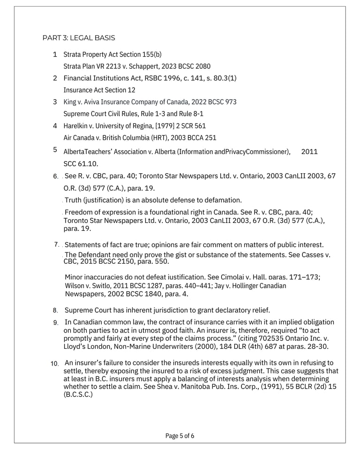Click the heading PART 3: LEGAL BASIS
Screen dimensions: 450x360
coord(79,37)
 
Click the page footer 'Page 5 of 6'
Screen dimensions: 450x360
coord(180,436)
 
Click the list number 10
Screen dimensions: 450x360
coord(55,364)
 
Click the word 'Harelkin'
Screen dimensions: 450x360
coord(77,125)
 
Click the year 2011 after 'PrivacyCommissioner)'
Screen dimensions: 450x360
coord(309,152)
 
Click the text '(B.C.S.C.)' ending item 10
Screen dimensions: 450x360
coord(78,394)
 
